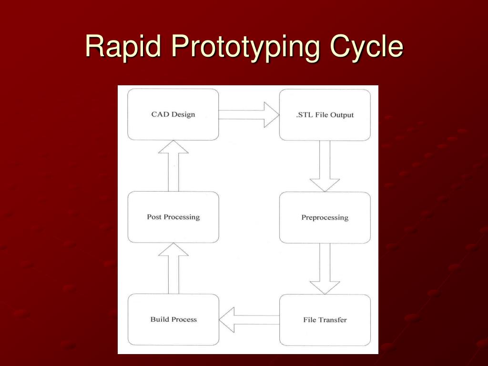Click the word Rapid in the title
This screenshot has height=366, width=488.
pyautogui.click(x=123, y=47)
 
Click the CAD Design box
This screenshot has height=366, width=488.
pyautogui.click(x=173, y=114)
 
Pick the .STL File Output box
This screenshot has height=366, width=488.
pyautogui.click(x=325, y=115)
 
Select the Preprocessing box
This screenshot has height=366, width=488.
pyautogui.click(x=325, y=217)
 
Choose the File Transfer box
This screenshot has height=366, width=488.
pyautogui.click(x=325, y=320)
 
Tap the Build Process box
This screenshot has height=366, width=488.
pyautogui.click(x=173, y=319)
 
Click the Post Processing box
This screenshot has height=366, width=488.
pyautogui.click(x=173, y=217)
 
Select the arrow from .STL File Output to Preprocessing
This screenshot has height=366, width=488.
pyautogui.click(x=325, y=166)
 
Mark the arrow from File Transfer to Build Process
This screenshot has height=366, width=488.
pyautogui.click(x=249, y=320)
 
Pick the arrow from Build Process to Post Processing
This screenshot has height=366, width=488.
pyautogui.click(x=173, y=268)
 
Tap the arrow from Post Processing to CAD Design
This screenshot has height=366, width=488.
pyautogui.click(x=173, y=165)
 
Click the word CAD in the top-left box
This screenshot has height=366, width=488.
pyautogui.click(x=160, y=114)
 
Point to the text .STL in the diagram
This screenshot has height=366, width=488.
pyautogui.click(x=305, y=115)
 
